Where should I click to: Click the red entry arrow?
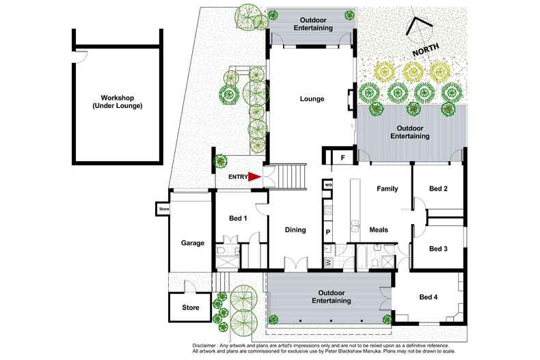point(254,177)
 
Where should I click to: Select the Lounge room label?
point(312,99)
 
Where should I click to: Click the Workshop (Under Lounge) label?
point(118,102)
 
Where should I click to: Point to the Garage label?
point(192,243)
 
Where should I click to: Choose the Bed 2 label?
point(438,189)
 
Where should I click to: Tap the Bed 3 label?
point(438,249)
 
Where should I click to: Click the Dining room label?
point(295,230)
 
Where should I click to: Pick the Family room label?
point(388,189)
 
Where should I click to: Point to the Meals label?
point(380,230)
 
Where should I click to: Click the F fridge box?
point(342,158)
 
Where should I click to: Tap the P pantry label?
point(328,232)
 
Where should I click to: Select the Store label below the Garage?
point(191,307)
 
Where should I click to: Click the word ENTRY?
point(237,178)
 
